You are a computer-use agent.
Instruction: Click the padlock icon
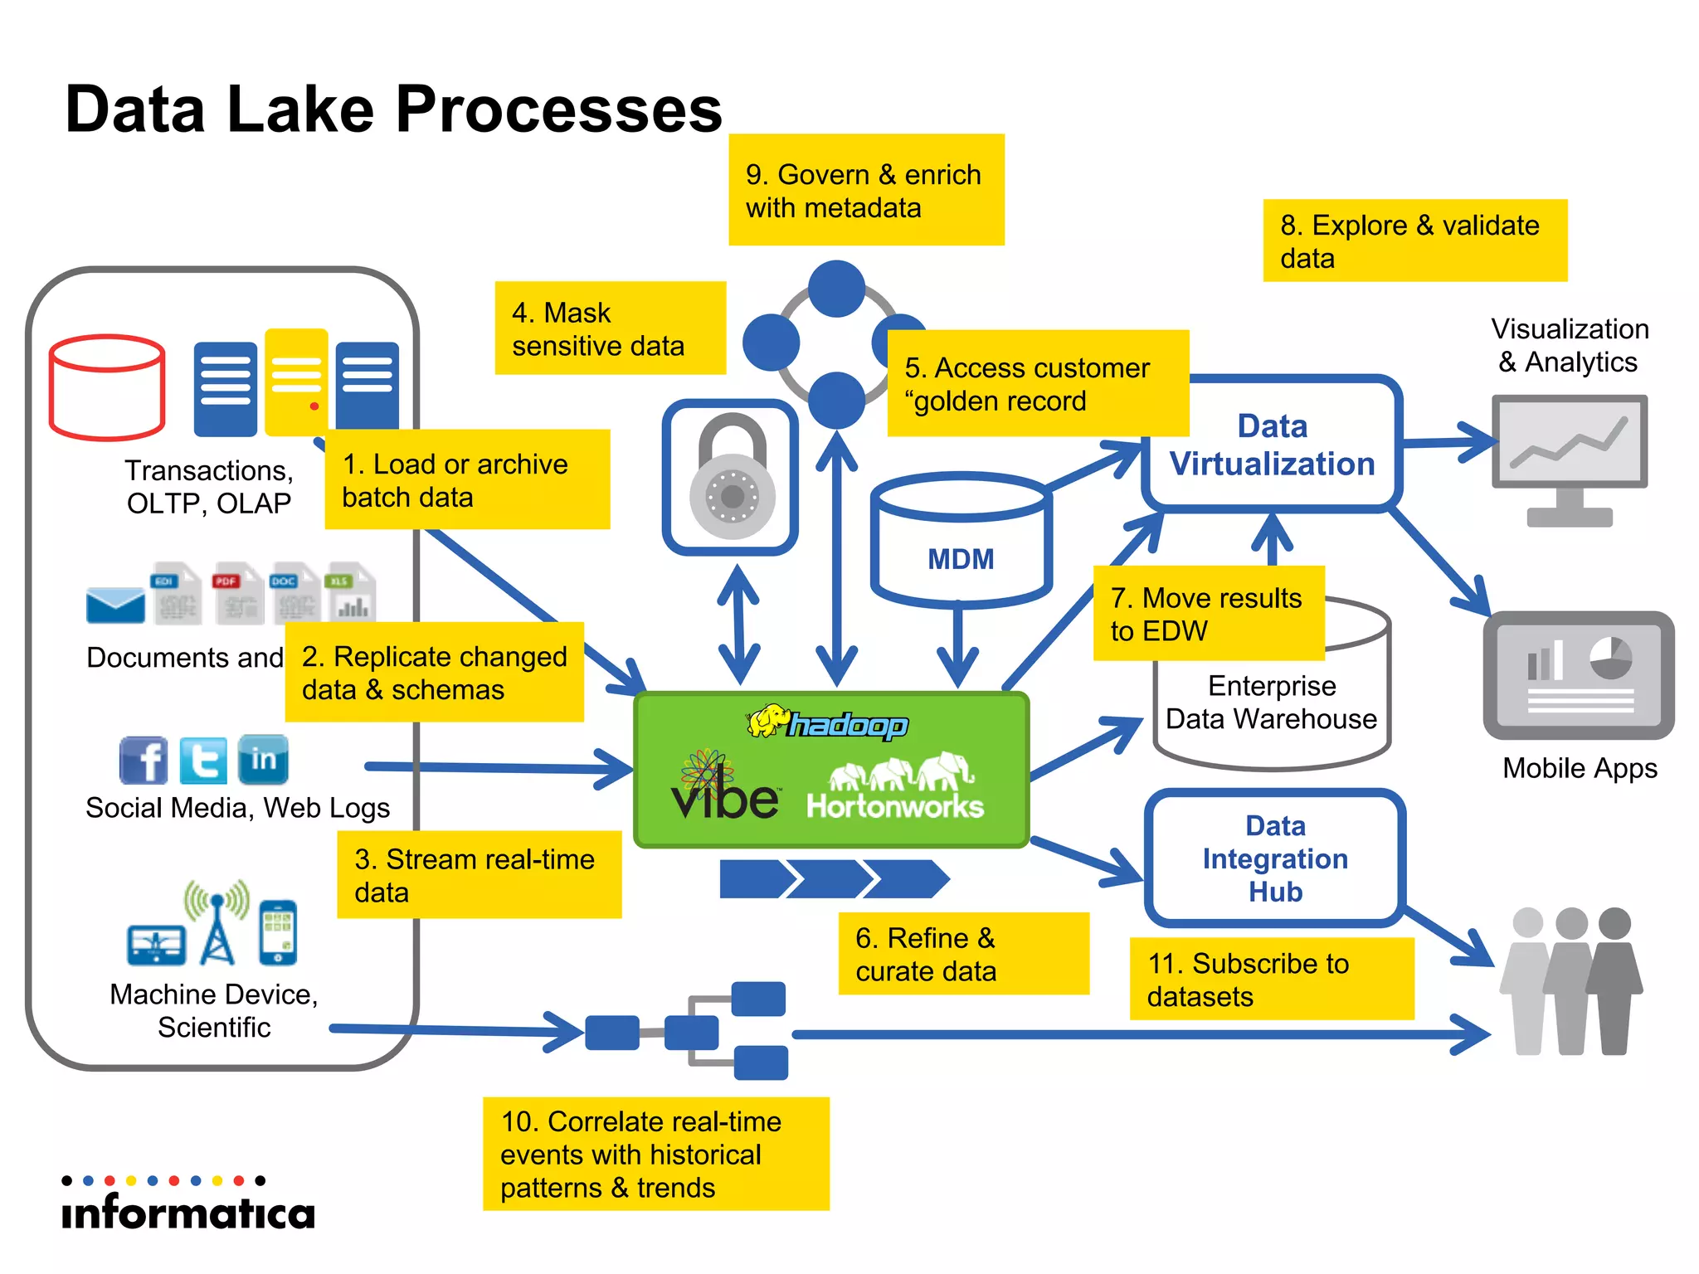tap(731, 478)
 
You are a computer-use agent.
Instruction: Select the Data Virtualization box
tap(1272, 445)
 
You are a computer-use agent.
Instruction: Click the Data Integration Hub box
tap(1274, 858)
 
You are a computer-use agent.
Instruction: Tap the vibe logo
tap(724, 789)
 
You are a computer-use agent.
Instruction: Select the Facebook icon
tap(144, 760)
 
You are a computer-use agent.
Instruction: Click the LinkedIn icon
tap(263, 760)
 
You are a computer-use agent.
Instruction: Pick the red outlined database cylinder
tap(107, 387)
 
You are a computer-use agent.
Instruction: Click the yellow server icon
tap(296, 382)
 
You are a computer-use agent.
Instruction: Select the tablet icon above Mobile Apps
tap(1578, 675)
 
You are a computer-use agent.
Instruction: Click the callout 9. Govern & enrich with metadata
tap(865, 190)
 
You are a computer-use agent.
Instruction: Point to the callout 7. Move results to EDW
tap(1208, 614)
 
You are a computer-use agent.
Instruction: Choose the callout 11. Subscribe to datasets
tap(1271, 979)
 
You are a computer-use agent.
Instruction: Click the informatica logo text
tap(188, 1212)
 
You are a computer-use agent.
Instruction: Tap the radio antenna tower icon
tap(217, 924)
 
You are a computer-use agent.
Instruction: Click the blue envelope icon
tap(115, 605)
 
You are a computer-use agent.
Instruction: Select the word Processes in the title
tap(558, 109)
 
